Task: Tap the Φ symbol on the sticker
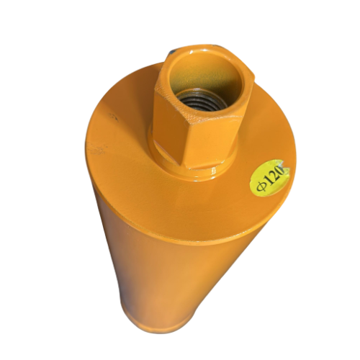pos(258,186)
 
